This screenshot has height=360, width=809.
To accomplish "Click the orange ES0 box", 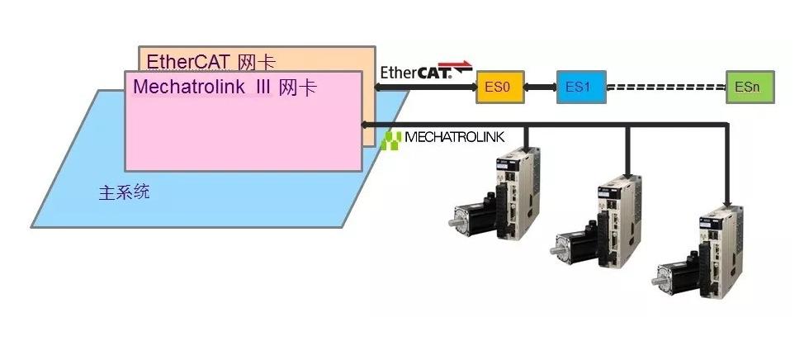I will click(500, 87).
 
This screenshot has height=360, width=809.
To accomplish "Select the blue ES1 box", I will click(580, 87).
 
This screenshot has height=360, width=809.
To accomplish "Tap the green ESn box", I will click(750, 87).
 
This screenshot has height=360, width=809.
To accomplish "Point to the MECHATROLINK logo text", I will click(454, 137).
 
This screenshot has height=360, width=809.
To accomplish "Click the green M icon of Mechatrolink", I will click(393, 137).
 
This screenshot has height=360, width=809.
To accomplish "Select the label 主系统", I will click(124, 193).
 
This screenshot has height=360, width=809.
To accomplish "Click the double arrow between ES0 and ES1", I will click(541, 87).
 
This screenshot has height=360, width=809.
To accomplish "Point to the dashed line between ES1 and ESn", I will click(665, 87).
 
